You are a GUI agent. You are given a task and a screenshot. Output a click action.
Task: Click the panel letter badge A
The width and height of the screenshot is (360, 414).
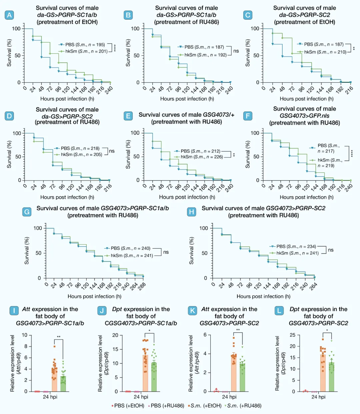click(x=9, y=15)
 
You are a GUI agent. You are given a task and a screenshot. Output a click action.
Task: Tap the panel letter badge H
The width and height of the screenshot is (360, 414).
click(x=191, y=212)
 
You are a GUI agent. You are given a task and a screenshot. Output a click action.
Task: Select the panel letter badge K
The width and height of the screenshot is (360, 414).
click(x=192, y=311)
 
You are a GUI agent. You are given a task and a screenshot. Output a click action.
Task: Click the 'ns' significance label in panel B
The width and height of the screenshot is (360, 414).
click(x=236, y=51)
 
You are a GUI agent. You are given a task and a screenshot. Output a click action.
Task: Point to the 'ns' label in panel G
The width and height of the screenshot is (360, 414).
click(x=166, y=252)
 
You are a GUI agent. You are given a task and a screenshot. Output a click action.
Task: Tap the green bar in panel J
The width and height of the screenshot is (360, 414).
click(x=154, y=377)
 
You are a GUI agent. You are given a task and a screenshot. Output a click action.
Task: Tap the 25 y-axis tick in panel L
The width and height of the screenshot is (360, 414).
click(x=292, y=335)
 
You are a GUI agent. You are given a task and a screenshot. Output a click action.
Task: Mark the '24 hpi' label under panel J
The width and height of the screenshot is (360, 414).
click(x=141, y=397)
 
